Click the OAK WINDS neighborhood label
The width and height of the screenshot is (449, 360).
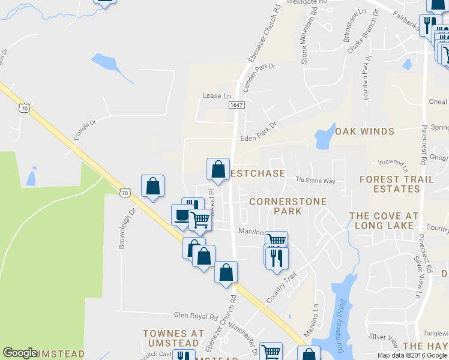[364, 131]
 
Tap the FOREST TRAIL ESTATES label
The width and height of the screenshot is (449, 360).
[389, 184]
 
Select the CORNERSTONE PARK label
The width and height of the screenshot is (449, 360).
[288, 206]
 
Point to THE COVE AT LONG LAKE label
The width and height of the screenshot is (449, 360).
[384, 221]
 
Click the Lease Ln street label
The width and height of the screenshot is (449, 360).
[217, 96]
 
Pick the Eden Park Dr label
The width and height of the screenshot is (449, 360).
[258, 133]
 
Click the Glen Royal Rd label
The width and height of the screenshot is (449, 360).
[195, 316]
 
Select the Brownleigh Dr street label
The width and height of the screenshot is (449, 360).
[127, 220]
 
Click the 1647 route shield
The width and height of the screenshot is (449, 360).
[235, 105]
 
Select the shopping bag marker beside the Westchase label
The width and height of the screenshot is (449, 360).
[218, 169]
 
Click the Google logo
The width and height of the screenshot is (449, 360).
[20, 353]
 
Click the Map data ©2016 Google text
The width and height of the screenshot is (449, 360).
[412, 355]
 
